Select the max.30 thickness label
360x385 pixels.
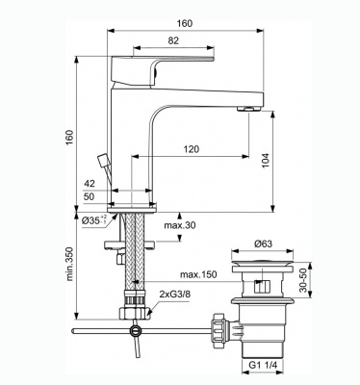click(x=180, y=225)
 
